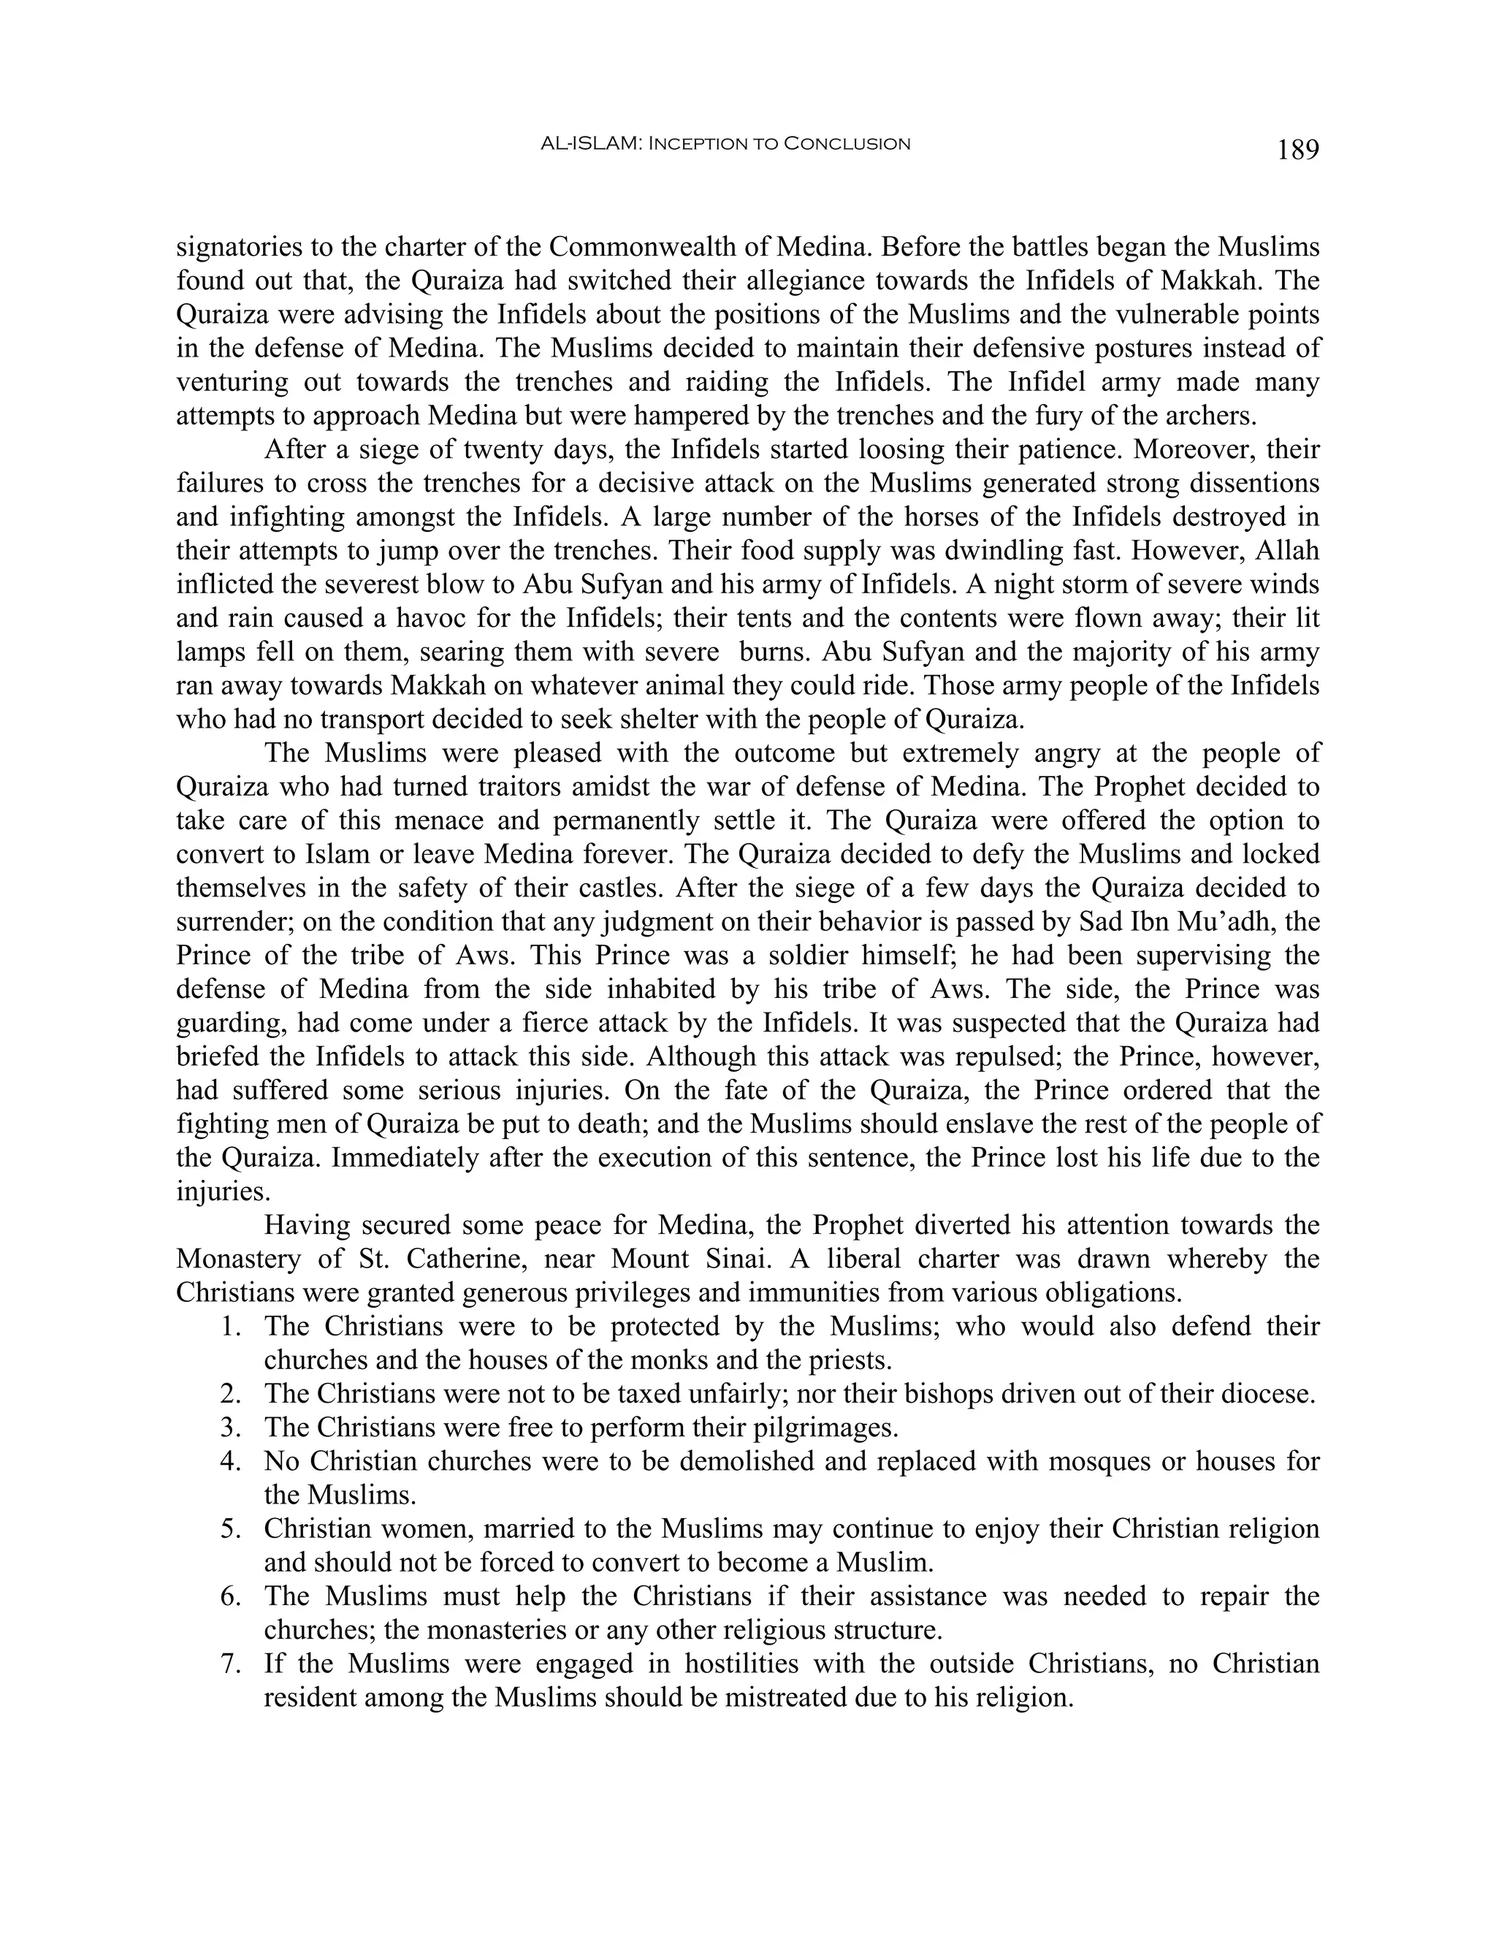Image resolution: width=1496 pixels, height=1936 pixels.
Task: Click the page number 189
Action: [x=1298, y=150]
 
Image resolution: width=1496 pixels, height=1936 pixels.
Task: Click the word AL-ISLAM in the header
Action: [x=590, y=144]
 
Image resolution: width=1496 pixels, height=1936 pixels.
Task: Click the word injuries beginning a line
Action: [x=218, y=1192]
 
